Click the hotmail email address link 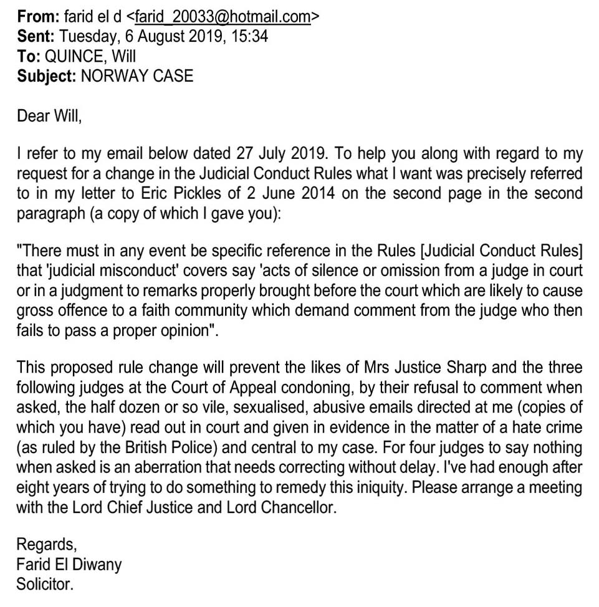[223, 16]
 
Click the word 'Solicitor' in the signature [44, 585]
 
